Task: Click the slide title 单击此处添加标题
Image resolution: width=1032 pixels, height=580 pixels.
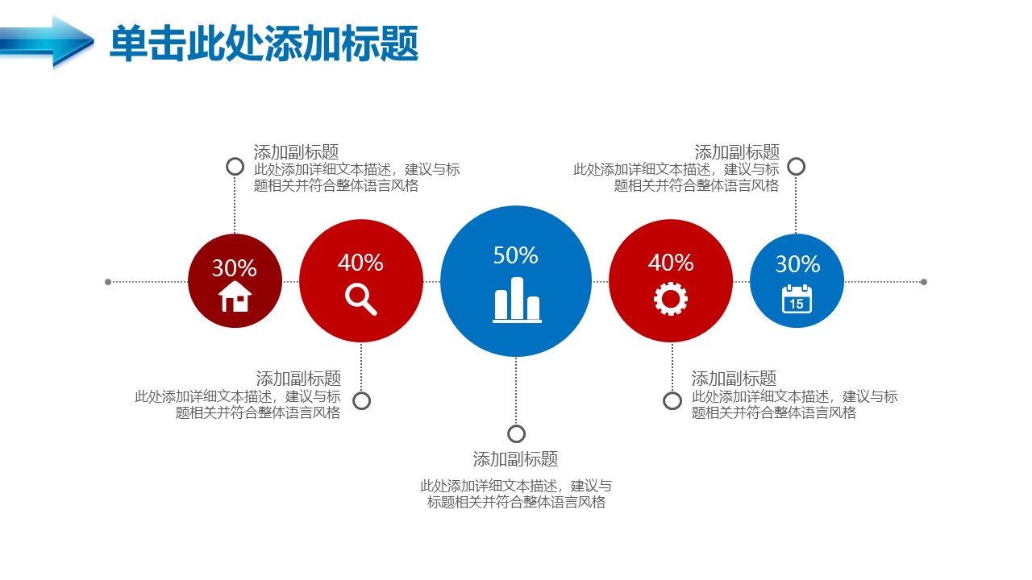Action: [x=264, y=43]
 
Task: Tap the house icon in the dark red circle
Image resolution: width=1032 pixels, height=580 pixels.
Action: [x=235, y=297]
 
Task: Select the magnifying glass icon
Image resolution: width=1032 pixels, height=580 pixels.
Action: [x=361, y=299]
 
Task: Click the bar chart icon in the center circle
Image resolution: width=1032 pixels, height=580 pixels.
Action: [x=517, y=300]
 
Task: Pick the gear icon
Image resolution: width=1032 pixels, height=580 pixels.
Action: [x=671, y=299]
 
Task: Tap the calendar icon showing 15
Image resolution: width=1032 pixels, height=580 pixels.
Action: [x=797, y=299]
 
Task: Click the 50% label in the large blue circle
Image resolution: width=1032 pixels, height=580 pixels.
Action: [x=515, y=255]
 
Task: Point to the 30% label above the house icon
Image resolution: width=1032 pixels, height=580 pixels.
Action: [x=235, y=268]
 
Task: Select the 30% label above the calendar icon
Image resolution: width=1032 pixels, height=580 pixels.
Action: [x=797, y=264]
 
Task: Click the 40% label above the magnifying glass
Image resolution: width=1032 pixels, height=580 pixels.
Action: [x=360, y=263]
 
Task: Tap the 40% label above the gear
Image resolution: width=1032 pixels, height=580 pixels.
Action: [x=671, y=263]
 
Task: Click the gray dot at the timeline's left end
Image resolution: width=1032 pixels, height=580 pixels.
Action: [x=108, y=282]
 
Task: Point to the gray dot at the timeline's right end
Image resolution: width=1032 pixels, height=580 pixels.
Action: [x=924, y=282]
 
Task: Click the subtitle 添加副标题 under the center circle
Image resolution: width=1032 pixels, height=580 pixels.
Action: [x=515, y=459]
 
